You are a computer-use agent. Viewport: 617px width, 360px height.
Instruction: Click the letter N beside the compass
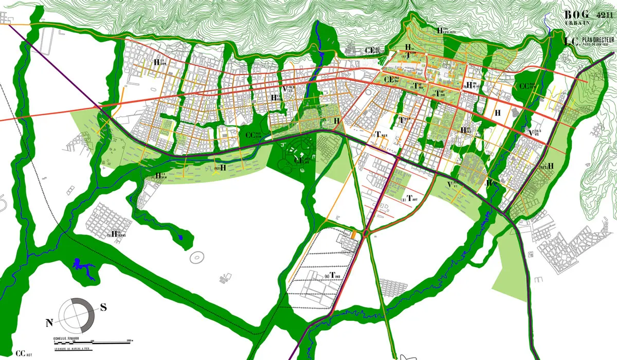tap(50, 323)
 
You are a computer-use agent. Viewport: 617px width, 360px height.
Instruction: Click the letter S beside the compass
tap(103, 308)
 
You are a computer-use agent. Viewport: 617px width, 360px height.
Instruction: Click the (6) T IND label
tap(333, 277)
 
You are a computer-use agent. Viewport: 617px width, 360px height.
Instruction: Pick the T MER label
tap(381, 135)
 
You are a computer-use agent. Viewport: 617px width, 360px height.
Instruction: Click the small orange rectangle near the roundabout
tap(354, 235)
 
